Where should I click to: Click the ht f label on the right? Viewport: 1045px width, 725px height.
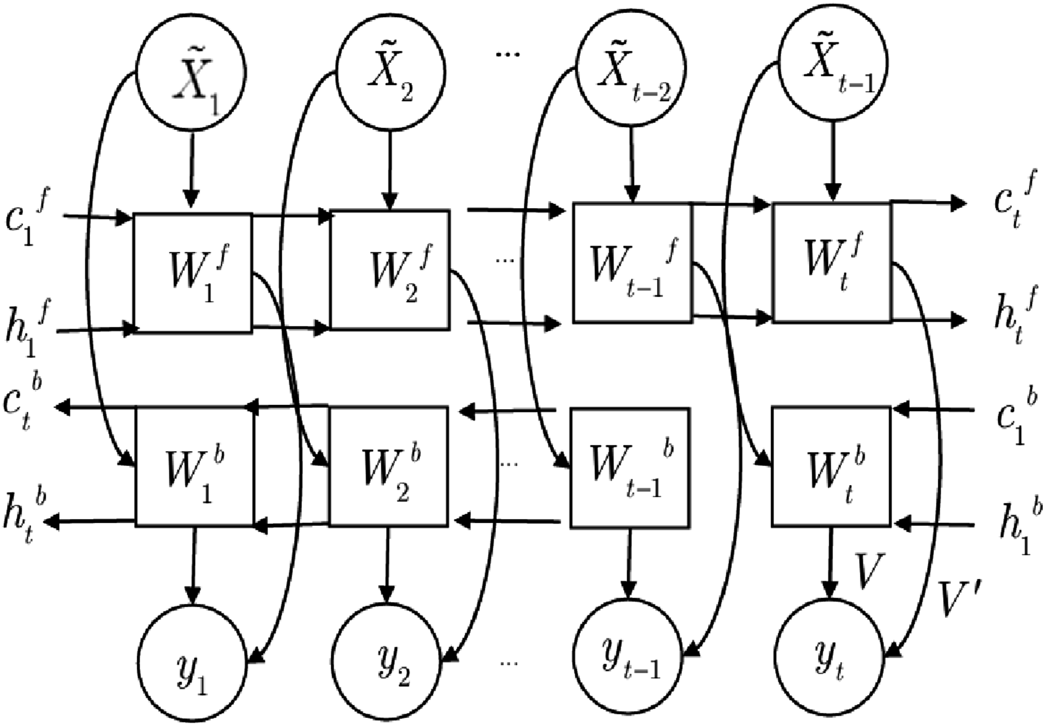[x=1016, y=318]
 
